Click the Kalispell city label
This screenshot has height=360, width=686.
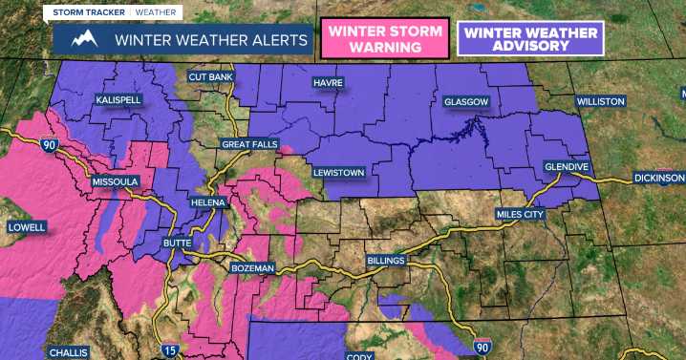click(118, 99)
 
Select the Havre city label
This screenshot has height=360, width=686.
click(327, 84)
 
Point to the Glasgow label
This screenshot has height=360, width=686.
click(466, 101)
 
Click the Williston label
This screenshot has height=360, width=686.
click(600, 101)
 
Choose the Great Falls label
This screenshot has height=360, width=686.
click(248, 144)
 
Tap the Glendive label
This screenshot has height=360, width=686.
click(567, 166)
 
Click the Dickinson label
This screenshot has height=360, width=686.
click(659, 178)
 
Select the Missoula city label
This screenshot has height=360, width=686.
click(116, 181)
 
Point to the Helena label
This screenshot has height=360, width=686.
click(207, 202)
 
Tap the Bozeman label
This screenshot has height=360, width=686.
click(253, 268)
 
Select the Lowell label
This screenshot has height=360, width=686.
click(27, 227)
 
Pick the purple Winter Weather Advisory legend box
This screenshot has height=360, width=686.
click(530, 39)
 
